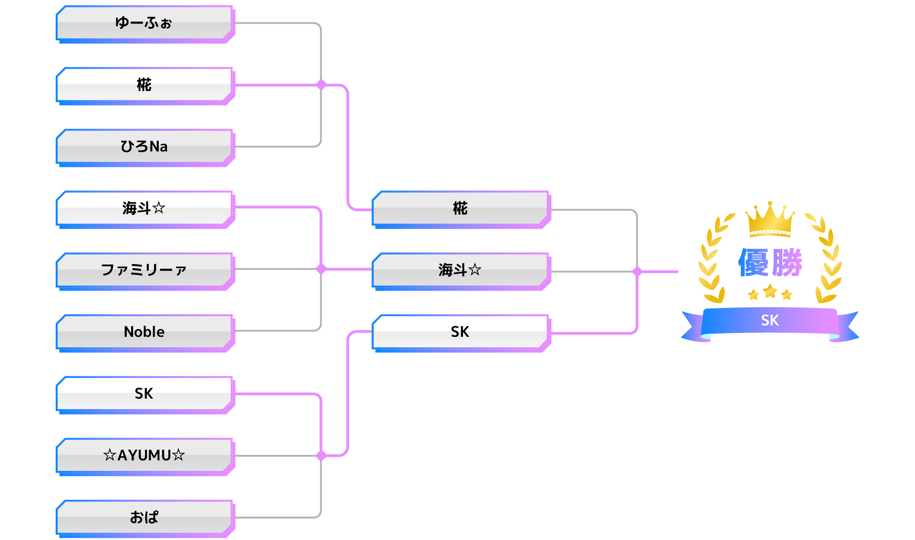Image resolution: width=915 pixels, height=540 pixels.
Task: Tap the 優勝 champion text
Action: point(770,263)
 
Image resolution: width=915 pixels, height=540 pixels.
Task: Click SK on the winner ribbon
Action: point(770,320)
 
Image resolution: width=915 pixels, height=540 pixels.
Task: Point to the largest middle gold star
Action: point(770,291)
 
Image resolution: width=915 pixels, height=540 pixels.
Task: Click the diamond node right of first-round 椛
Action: point(321,85)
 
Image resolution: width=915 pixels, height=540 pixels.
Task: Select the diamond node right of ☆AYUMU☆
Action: point(321,455)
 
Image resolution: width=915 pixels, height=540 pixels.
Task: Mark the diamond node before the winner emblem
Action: point(637,271)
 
